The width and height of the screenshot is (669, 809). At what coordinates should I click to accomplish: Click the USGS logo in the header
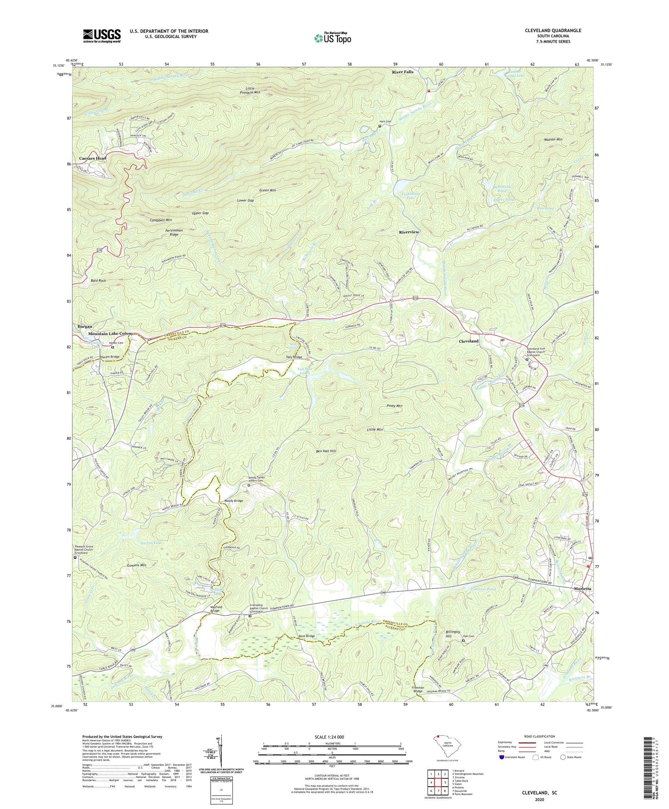point(102,36)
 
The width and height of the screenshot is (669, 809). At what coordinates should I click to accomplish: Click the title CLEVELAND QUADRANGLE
point(553,31)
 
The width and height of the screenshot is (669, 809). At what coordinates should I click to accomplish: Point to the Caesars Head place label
point(93,158)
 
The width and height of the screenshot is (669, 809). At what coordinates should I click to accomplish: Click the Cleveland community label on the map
point(469,341)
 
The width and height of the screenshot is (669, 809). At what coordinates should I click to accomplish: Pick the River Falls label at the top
point(402,72)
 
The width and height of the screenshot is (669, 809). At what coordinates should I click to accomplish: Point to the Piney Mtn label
point(394,406)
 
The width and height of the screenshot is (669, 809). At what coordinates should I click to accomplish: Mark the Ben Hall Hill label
point(326,451)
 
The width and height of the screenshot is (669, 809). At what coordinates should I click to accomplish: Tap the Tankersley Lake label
point(411,195)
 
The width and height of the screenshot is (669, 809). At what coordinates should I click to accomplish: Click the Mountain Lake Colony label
point(111,334)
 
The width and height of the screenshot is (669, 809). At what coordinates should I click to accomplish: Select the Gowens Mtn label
point(136,565)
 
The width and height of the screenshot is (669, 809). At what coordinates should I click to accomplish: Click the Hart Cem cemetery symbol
point(380,126)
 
